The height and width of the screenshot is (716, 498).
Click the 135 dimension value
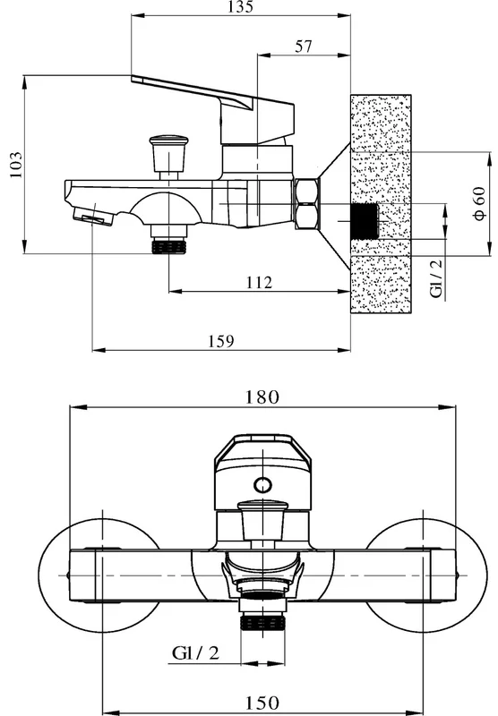pos(241,7)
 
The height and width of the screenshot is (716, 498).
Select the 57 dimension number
pos(304,47)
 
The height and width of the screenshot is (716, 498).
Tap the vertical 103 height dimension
pos(15,165)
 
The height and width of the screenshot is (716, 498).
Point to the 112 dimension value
pos(259,283)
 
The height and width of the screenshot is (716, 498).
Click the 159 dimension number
pos(221,341)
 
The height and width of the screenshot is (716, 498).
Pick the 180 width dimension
pos(262,396)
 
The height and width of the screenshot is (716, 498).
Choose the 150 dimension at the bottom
pos(262,703)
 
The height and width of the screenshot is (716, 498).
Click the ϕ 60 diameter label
pos(480,203)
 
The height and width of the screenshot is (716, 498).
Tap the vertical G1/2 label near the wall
pos(437,278)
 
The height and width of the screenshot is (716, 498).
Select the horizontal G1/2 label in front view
pos(195,653)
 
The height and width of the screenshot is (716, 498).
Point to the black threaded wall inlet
pos(365,221)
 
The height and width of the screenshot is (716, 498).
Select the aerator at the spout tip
pos(92,216)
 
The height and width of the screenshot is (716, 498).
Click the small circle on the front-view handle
pos(262,484)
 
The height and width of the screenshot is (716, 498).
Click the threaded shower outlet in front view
pos(262,623)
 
